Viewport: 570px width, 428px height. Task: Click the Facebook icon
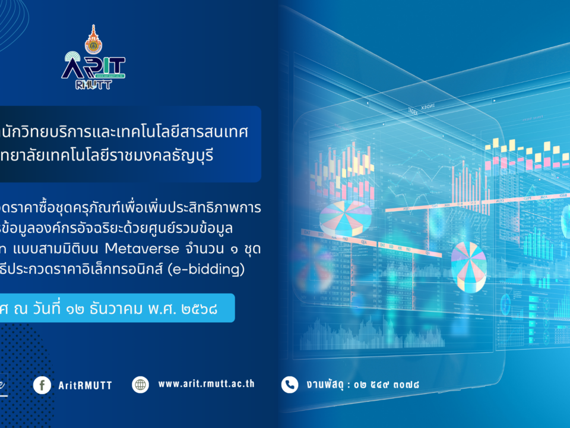click(42, 385)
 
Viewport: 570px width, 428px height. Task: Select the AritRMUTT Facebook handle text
click(85, 385)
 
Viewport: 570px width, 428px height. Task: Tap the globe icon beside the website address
click(141, 385)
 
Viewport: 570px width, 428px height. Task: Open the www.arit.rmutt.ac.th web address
click(206, 384)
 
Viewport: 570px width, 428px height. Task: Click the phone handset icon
click(290, 385)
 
